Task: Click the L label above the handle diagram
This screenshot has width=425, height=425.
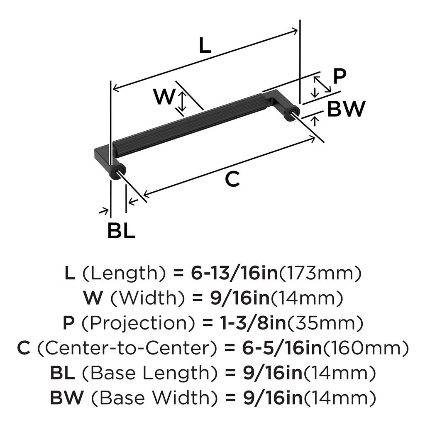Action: click(x=205, y=46)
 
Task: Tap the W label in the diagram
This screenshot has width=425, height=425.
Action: click(x=165, y=97)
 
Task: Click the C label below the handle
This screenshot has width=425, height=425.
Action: click(x=232, y=179)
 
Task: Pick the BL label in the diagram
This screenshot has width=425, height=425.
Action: click(x=121, y=231)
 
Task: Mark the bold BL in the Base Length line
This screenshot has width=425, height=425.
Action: click(x=63, y=373)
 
